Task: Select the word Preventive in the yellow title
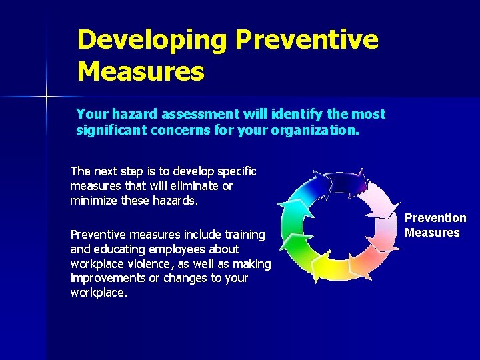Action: (x=307, y=40)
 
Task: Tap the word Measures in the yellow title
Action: (x=141, y=71)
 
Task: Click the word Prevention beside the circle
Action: (x=435, y=218)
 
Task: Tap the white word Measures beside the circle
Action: (x=432, y=233)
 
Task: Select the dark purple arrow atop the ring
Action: (x=347, y=180)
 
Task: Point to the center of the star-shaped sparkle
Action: (x=47, y=97)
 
